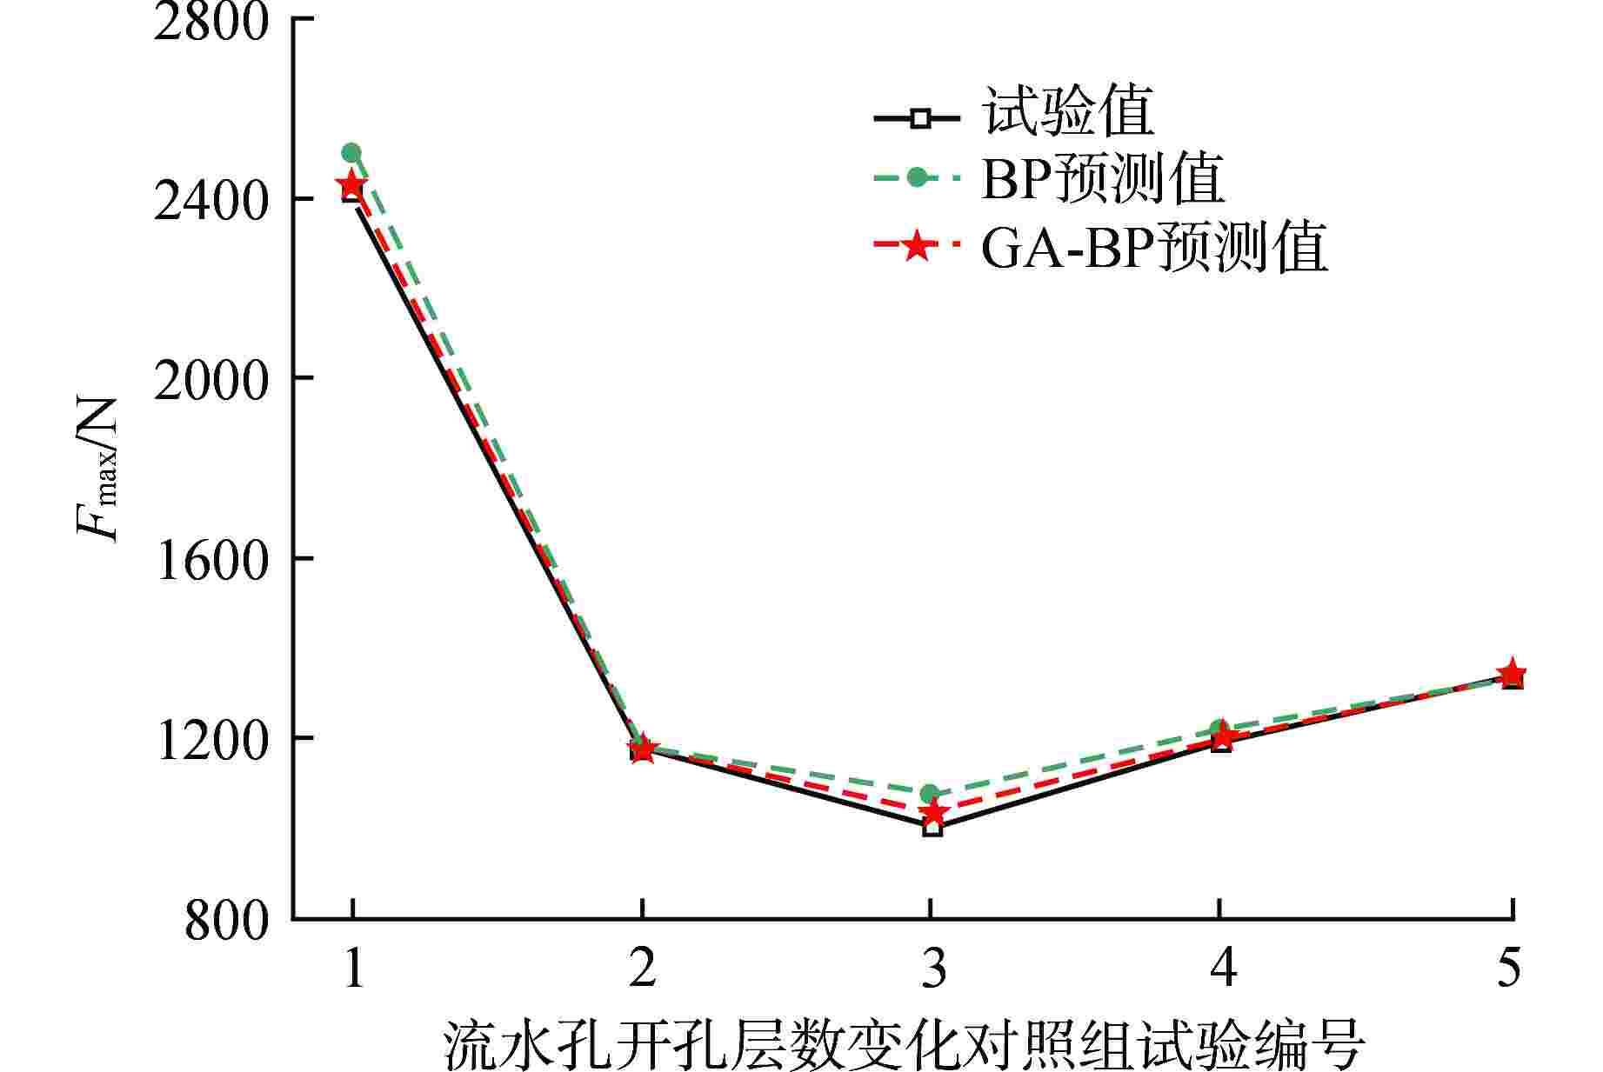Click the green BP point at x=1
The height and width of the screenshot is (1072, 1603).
pos(351,153)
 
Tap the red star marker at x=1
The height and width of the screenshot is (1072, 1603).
pos(351,184)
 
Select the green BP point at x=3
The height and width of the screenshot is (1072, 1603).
pos(930,793)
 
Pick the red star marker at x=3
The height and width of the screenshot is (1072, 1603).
pos(932,813)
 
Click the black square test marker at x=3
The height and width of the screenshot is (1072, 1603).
pos(932,827)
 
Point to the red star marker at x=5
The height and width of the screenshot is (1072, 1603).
pos(1512,672)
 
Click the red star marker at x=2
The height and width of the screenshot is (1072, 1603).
pos(642,749)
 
